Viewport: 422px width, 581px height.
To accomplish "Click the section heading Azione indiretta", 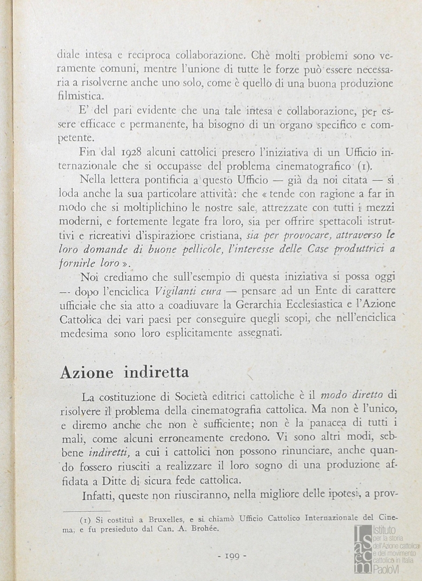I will click(x=124, y=373).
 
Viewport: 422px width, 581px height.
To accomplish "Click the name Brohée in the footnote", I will click(x=205, y=529).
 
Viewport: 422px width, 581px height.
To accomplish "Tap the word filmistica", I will click(x=81, y=97).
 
